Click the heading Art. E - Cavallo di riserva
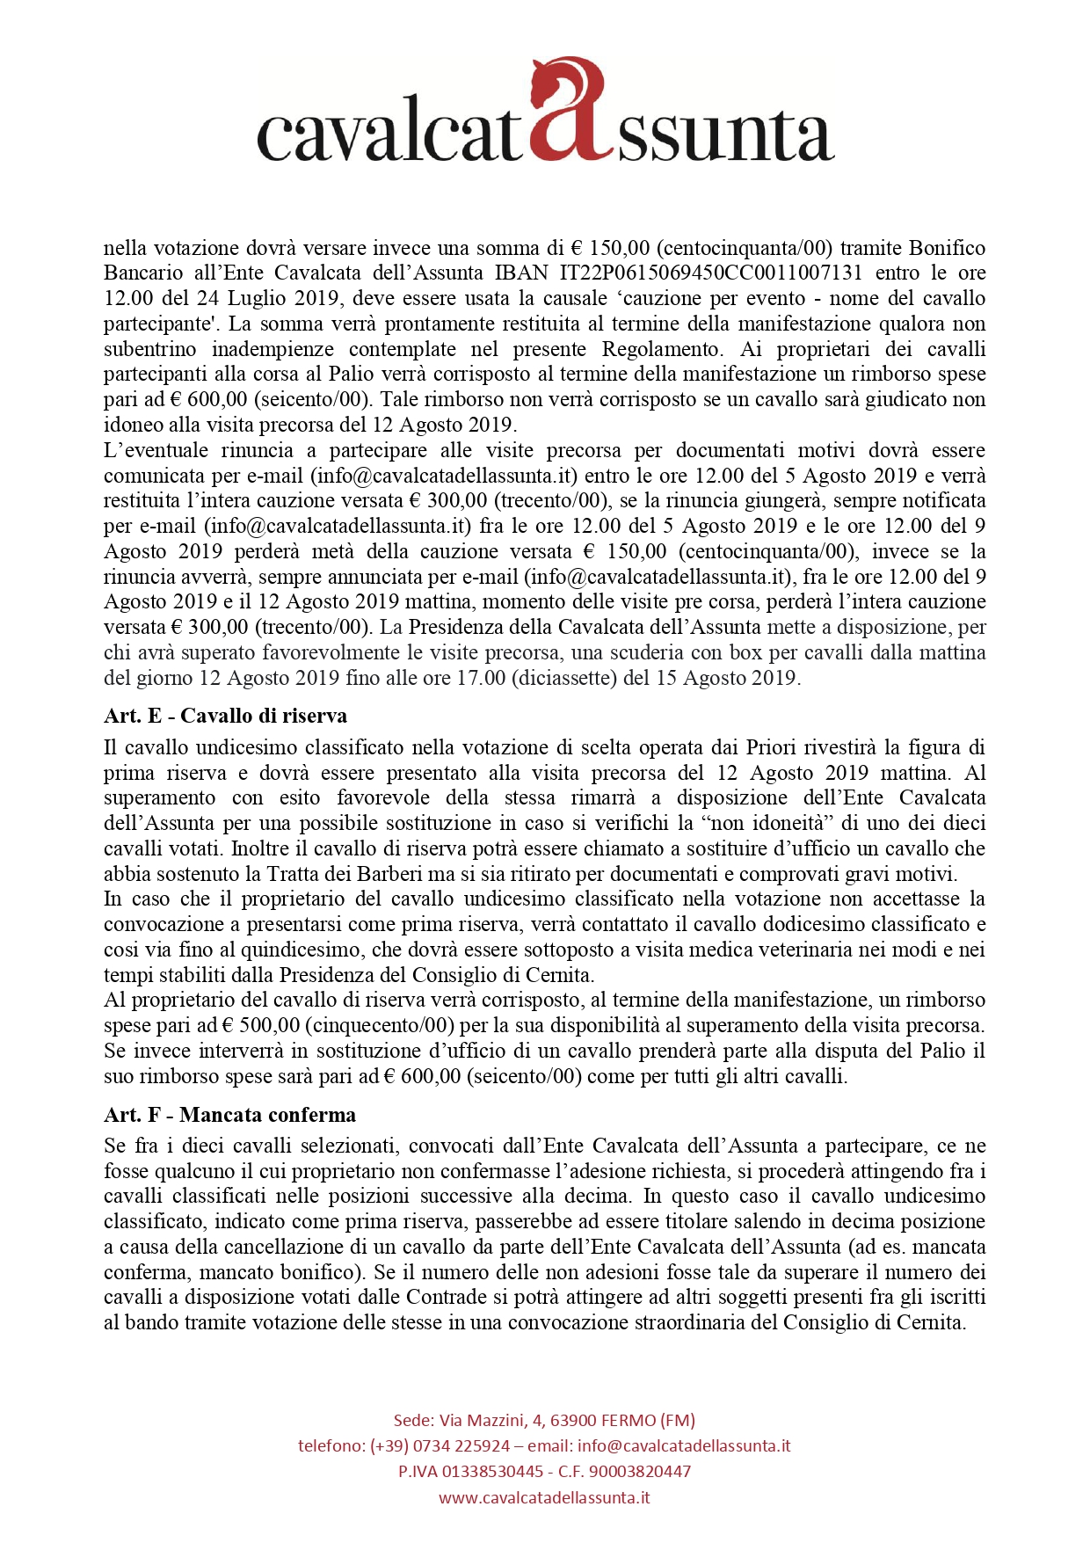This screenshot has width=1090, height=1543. pos(225,716)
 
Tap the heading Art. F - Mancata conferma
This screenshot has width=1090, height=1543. pos(229,1115)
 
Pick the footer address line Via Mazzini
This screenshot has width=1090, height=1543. pos(544,1420)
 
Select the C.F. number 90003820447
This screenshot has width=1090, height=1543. pos(640,1471)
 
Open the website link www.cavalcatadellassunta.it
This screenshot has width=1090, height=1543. pos(544,1497)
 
